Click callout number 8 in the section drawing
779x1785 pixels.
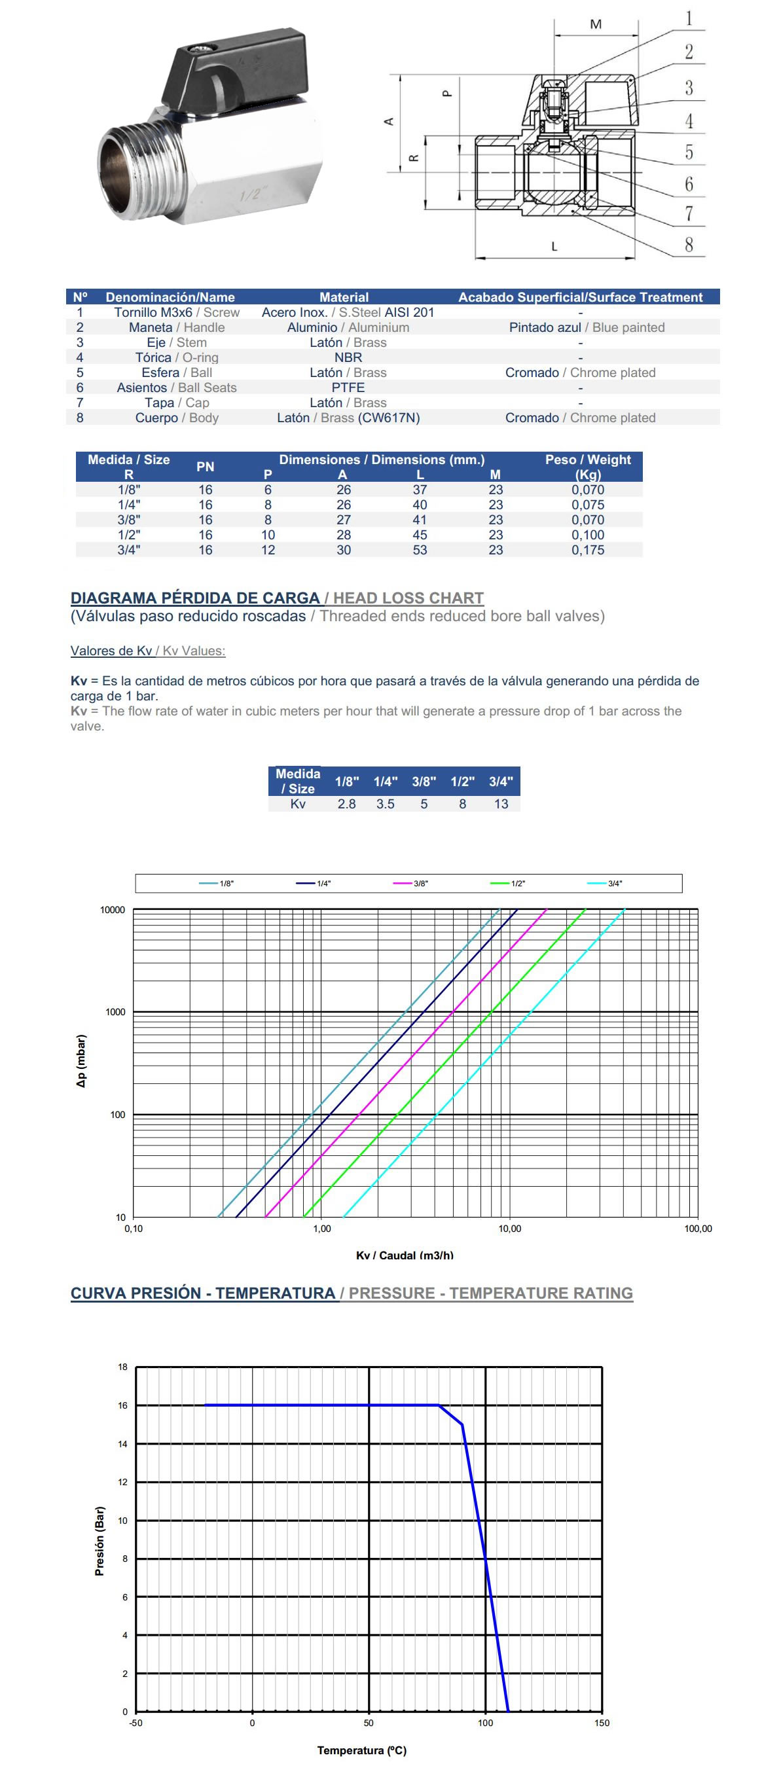tap(688, 245)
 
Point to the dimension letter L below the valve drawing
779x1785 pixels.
tap(554, 246)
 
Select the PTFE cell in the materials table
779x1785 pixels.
tap(348, 388)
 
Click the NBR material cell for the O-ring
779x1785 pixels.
tap(348, 357)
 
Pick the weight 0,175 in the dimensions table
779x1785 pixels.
tap(588, 550)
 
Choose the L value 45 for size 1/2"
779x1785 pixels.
tap(420, 535)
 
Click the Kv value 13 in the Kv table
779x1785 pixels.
tap(501, 804)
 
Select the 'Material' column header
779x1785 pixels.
tap(344, 297)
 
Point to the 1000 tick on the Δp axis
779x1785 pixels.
tap(115, 1013)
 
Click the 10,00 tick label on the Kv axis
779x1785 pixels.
tap(509, 1229)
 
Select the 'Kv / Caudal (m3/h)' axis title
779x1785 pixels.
tap(405, 1255)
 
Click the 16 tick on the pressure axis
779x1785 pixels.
tap(122, 1405)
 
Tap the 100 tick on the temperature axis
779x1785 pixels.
tap(485, 1723)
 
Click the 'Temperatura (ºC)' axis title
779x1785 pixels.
tap(362, 1751)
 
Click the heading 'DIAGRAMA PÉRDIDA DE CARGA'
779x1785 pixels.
tap(195, 598)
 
